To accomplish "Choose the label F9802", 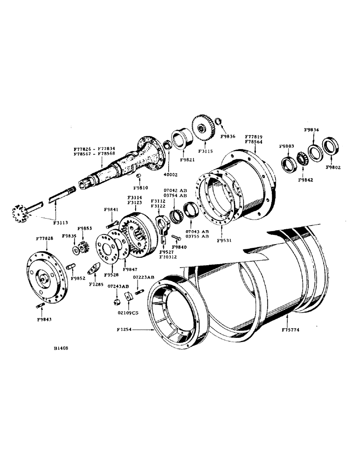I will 333,167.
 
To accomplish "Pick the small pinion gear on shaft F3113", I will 20,214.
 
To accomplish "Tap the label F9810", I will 140,187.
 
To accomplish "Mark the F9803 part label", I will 287,146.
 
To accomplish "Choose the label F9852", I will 77,278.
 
